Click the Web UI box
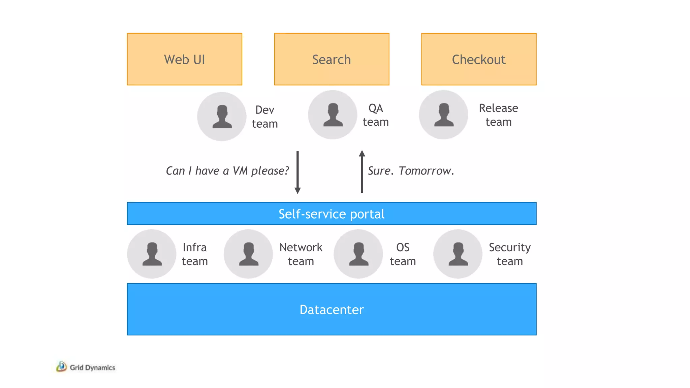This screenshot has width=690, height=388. [184, 59]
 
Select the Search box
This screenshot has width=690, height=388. [332, 59]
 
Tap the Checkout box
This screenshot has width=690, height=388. [478, 59]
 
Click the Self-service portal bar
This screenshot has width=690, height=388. [332, 214]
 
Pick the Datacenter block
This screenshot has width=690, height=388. [332, 309]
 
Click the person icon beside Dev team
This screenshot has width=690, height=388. [222, 117]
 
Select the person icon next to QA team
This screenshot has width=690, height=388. [333, 115]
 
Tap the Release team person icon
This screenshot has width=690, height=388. [443, 115]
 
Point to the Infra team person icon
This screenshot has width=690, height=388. [152, 254]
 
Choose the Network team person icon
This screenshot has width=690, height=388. [248, 254]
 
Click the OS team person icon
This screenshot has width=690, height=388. [358, 254]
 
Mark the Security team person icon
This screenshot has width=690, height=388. [458, 254]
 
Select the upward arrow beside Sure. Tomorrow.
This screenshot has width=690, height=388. [362, 171]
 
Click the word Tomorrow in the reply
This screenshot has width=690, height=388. [426, 171]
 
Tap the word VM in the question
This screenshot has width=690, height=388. [240, 171]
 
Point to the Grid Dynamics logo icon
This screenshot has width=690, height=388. [61, 366]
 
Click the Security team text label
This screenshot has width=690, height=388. [509, 254]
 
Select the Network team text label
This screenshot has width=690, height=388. [301, 254]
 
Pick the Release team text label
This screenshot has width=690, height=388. [498, 115]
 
